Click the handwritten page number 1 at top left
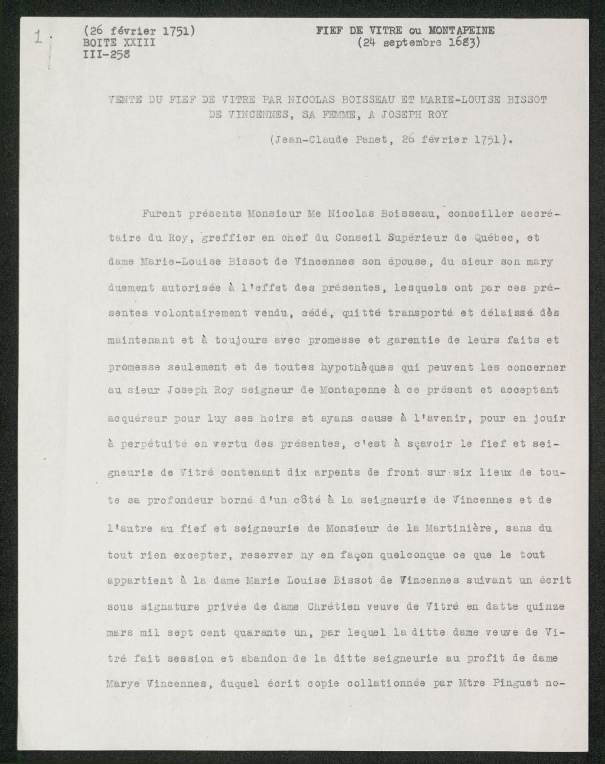point(38,37)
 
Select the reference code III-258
point(105,54)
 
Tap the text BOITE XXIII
point(120,44)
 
